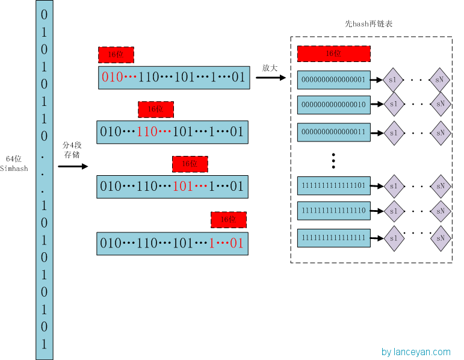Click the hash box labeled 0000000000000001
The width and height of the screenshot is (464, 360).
point(333,79)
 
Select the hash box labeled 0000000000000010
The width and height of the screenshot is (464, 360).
point(333,104)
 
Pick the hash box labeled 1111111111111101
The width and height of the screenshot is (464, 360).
point(333,185)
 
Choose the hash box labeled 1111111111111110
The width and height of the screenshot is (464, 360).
point(333,211)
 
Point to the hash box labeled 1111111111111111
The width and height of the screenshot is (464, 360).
point(333,238)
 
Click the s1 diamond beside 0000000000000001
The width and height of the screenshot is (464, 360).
point(393,79)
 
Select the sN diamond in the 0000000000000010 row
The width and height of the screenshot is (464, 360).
point(441,104)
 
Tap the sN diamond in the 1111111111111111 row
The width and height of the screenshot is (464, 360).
point(441,238)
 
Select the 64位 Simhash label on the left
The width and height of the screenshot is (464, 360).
point(14,163)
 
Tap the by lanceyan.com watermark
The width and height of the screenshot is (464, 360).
point(415,352)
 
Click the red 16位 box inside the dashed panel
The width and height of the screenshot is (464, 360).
point(333,53)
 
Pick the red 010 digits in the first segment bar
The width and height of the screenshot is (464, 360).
point(111,78)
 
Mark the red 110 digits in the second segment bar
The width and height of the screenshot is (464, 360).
point(147,131)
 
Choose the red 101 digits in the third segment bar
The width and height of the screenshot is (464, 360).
point(183,186)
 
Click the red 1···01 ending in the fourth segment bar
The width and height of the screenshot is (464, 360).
point(226,243)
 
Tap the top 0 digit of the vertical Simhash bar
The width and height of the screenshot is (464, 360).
point(43,14)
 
